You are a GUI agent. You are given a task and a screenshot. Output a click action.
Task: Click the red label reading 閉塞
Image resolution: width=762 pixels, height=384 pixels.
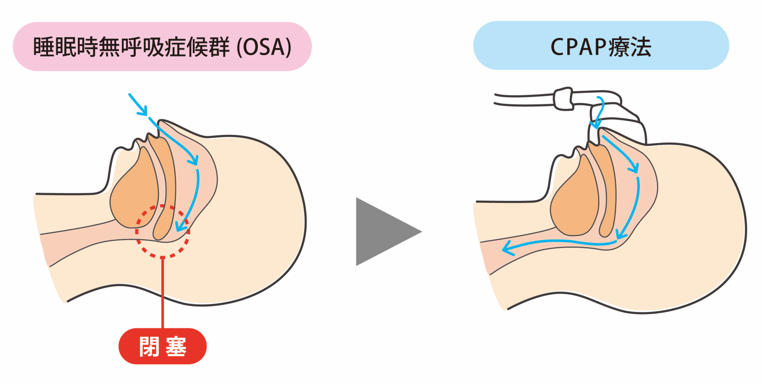(x=163, y=346)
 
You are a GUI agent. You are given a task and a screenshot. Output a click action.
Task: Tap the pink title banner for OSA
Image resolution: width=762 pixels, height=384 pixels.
(x=162, y=46)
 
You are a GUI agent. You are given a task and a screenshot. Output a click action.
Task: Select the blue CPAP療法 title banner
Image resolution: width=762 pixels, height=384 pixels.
(x=601, y=46)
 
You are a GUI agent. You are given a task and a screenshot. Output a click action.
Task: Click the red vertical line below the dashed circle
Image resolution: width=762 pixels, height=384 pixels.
(x=163, y=293)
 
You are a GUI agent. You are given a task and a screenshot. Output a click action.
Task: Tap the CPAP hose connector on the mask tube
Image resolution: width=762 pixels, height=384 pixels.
(x=563, y=99)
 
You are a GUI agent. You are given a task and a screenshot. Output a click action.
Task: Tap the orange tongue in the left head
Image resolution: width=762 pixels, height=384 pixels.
(x=134, y=194)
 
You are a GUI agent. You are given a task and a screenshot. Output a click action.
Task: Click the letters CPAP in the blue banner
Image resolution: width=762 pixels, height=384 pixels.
(x=578, y=47)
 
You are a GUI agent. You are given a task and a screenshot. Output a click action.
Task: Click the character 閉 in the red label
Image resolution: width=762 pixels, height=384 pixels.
(x=149, y=346)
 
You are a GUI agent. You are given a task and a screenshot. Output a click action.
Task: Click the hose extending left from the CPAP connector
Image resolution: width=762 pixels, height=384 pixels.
(x=523, y=100)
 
